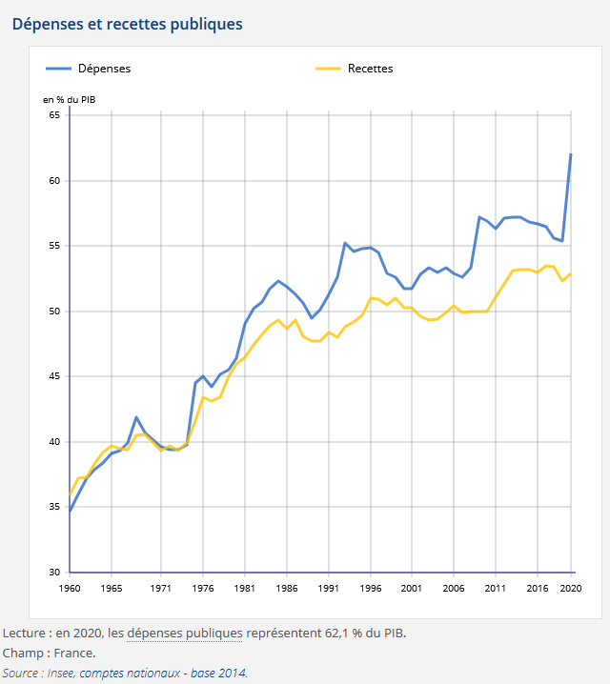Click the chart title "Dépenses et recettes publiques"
(127, 24)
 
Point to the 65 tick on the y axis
(53, 115)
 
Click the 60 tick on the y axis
(53, 181)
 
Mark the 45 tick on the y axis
(53, 376)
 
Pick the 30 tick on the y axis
(53, 573)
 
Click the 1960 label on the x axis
(70, 589)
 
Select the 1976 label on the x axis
(203, 589)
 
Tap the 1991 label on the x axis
(329, 589)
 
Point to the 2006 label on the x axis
(454, 589)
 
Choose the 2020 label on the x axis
(571, 589)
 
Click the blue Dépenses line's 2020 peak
(571, 154)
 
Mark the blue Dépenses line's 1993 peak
(345, 243)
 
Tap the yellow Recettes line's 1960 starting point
(70, 493)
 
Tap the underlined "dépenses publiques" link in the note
(184, 633)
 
